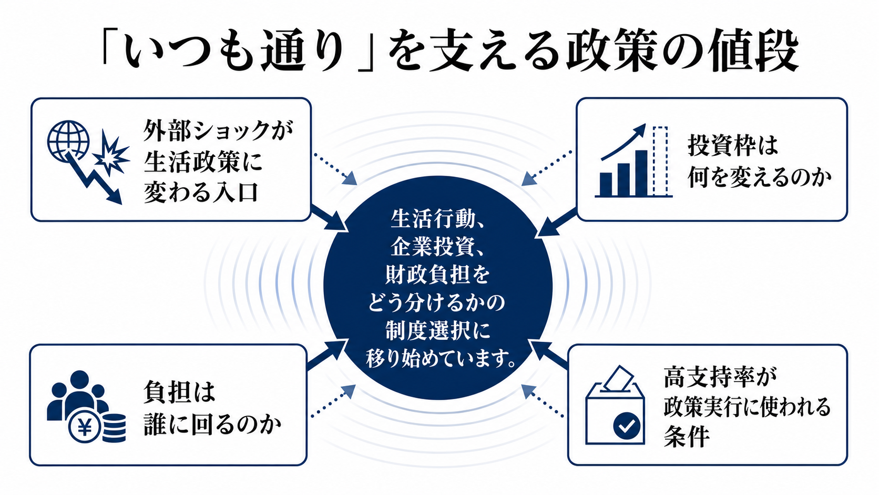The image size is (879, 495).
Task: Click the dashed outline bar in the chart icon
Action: (x=660, y=160)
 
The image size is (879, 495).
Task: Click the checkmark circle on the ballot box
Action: (x=627, y=425)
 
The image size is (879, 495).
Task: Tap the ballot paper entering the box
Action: (x=618, y=378)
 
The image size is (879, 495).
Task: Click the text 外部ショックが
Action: (x=218, y=130)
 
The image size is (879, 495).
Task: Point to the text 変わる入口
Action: (x=201, y=193)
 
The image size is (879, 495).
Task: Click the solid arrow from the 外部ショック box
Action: (x=329, y=218)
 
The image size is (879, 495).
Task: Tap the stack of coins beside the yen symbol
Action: (x=114, y=428)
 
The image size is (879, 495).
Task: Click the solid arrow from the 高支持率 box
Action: (x=548, y=355)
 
